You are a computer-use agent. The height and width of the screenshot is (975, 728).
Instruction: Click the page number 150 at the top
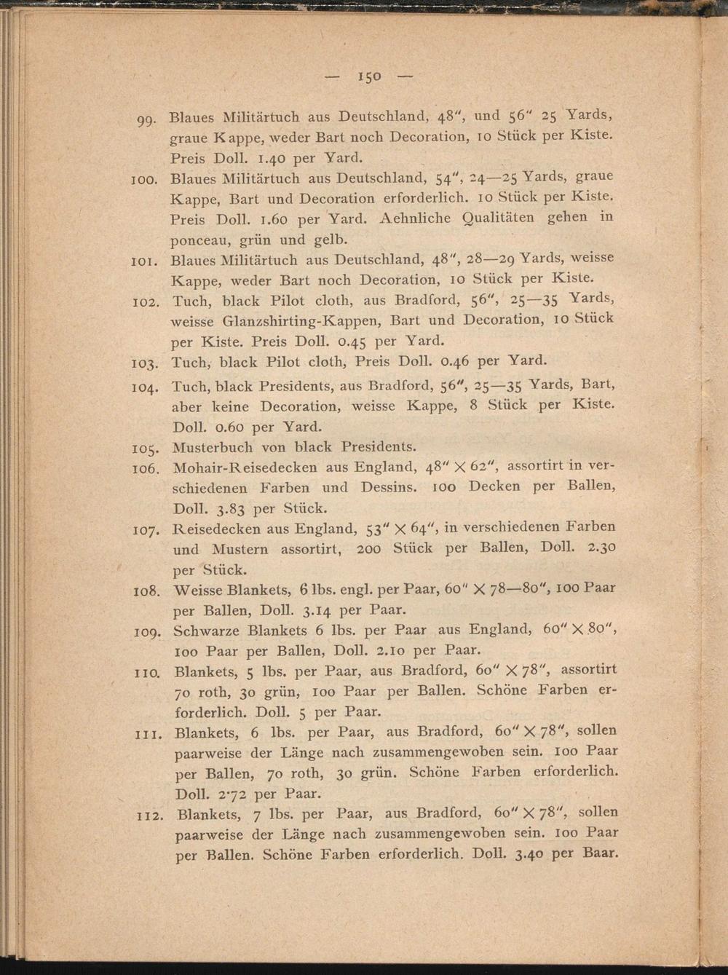[x=369, y=76]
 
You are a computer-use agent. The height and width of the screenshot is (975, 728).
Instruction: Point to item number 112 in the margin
[x=151, y=816]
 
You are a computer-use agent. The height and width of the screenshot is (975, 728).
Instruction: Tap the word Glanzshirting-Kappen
[x=305, y=320]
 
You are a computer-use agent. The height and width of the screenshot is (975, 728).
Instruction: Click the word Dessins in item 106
[x=387, y=487]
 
